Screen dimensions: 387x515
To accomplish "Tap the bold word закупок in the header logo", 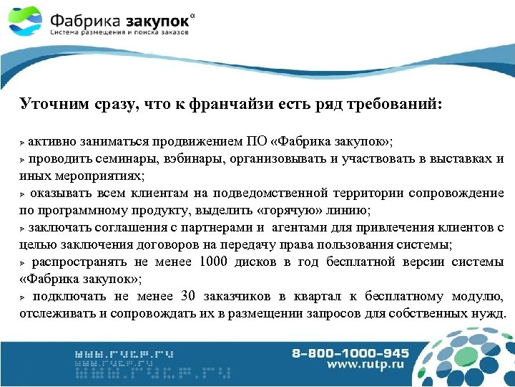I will pyautogui.click(x=147, y=17).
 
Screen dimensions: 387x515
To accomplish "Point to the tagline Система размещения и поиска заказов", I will pyautogui.click(x=119, y=33).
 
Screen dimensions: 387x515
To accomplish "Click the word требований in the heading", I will pyautogui.click(x=397, y=105).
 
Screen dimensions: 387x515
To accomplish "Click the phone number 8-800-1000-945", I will pyautogui.click(x=350, y=353).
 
